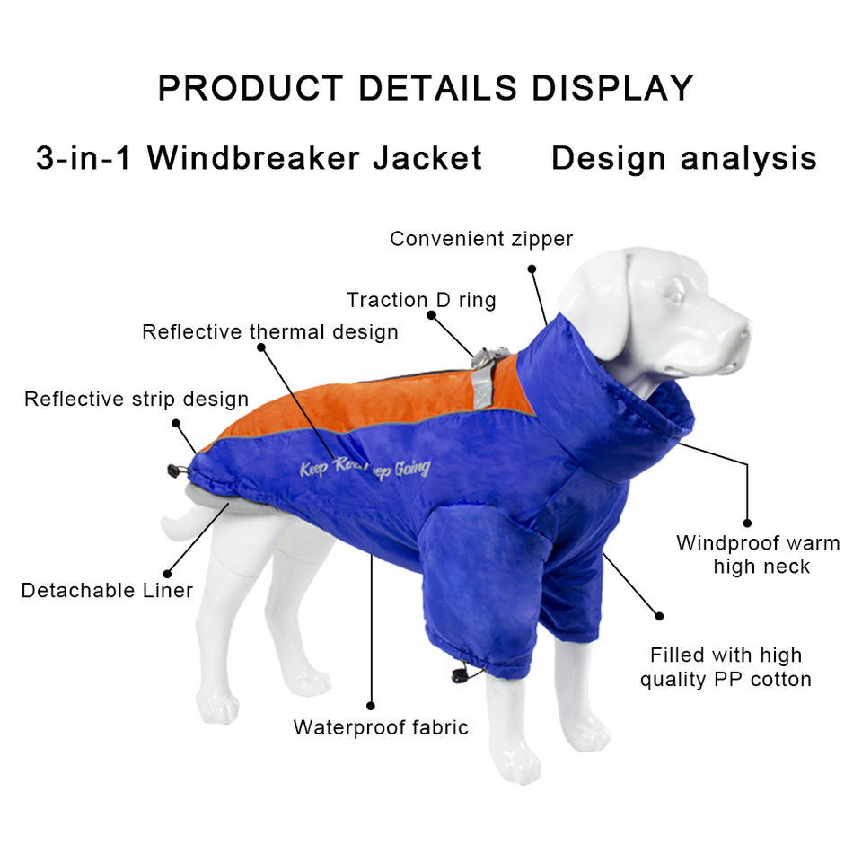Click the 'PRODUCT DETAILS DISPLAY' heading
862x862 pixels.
click(x=426, y=88)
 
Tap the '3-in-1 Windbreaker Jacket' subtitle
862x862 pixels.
click(x=259, y=158)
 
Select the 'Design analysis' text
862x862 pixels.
click(x=683, y=158)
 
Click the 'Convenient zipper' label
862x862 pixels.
click(x=480, y=239)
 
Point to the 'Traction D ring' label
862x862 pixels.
click(x=421, y=300)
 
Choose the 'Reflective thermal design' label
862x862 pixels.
click(x=269, y=332)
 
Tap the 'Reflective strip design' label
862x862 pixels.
click(x=136, y=399)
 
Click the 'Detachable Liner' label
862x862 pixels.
click(x=107, y=590)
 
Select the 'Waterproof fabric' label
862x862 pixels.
click(x=381, y=727)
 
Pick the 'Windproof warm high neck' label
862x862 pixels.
click(x=758, y=554)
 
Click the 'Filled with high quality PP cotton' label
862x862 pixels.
click(x=726, y=667)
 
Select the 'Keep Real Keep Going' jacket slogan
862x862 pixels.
click(x=365, y=468)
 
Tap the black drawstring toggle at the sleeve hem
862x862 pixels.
click(x=462, y=674)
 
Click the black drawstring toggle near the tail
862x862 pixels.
click(x=173, y=470)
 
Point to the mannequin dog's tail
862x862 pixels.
click(x=175, y=525)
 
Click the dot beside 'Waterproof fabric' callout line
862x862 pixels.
click(x=370, y=706)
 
